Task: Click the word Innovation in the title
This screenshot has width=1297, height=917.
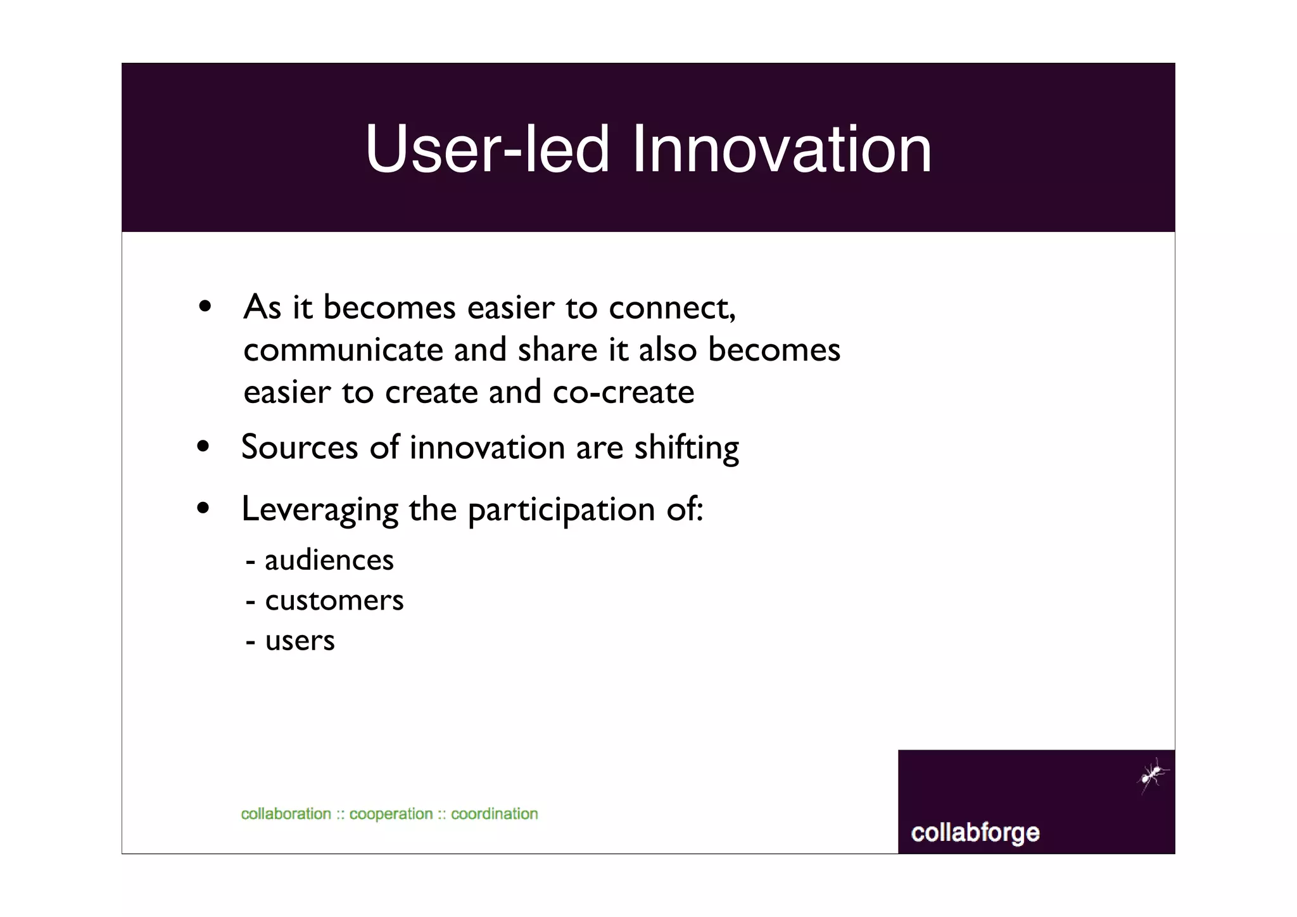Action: click(781, 149)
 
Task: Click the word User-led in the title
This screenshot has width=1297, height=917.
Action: click(488, 149)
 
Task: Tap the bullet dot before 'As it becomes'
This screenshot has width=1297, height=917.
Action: click(204, 307)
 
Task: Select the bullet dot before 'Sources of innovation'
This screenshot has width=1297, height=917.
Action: click(203, 446)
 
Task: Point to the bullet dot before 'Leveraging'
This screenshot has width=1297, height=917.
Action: click(203, 508)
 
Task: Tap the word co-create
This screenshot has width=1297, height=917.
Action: click(623, 392)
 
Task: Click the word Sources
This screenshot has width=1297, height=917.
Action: click(300, 447)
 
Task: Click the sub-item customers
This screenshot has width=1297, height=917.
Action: click(334, 601)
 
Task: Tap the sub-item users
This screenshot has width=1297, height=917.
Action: click(300, 641)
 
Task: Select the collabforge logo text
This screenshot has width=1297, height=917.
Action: click(975, 833)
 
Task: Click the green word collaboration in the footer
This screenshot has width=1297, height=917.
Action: click(286, 814)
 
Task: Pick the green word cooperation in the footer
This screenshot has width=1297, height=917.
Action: click(391, 814)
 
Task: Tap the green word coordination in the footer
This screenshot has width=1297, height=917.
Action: click(494, 814)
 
